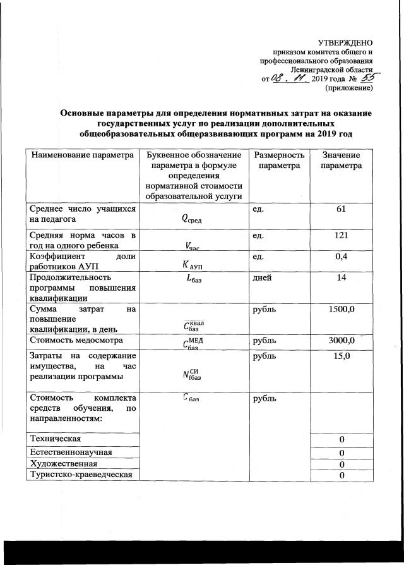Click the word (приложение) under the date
tap(348, 88)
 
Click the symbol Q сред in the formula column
tap(195, 219)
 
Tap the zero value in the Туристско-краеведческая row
tap(341, 476)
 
